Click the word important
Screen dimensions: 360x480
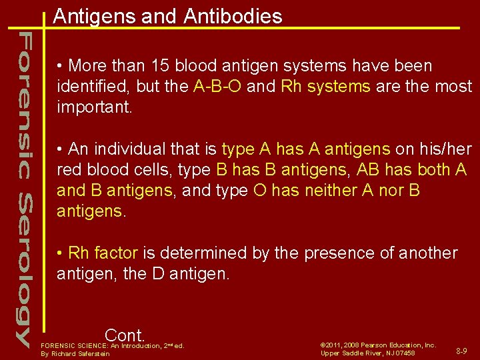point(95,107)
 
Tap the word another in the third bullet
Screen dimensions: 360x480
point(427,253)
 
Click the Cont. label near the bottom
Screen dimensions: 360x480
point(125,335)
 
